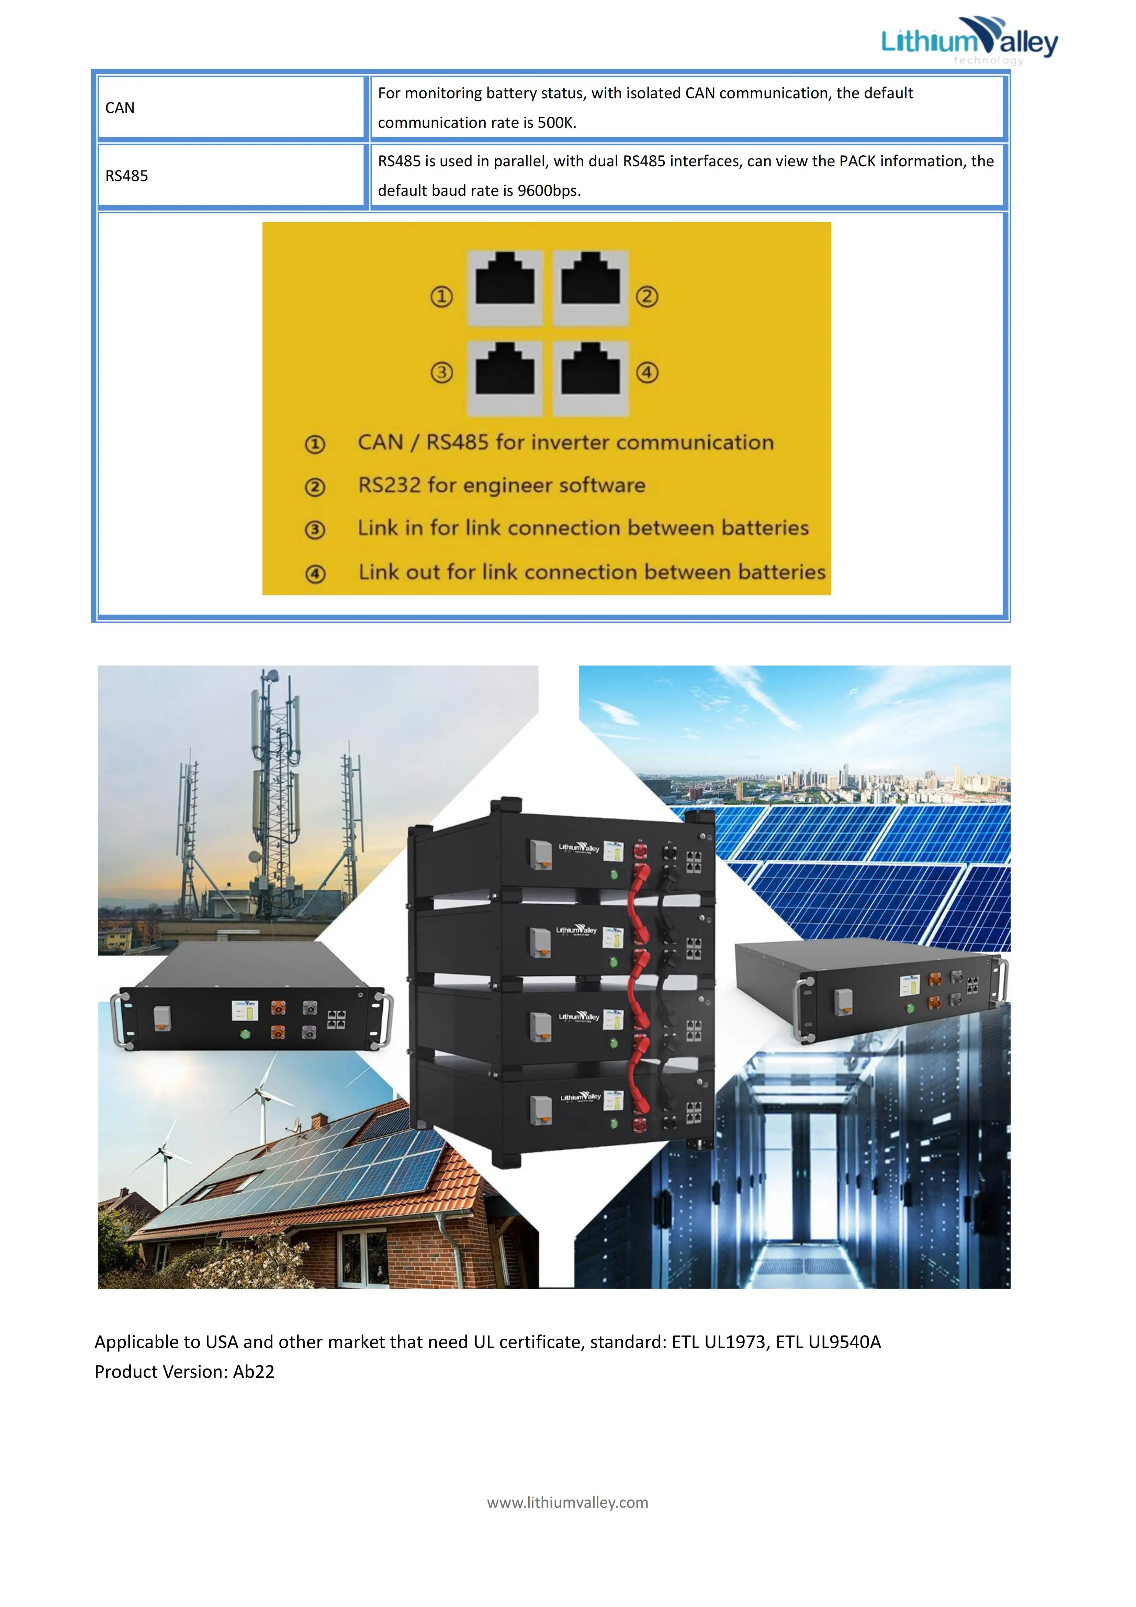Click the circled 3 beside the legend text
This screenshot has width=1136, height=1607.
pyautogui.click(x=315, y=530)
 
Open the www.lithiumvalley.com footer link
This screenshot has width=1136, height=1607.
pyautogui.click(x=567, y=1503)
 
